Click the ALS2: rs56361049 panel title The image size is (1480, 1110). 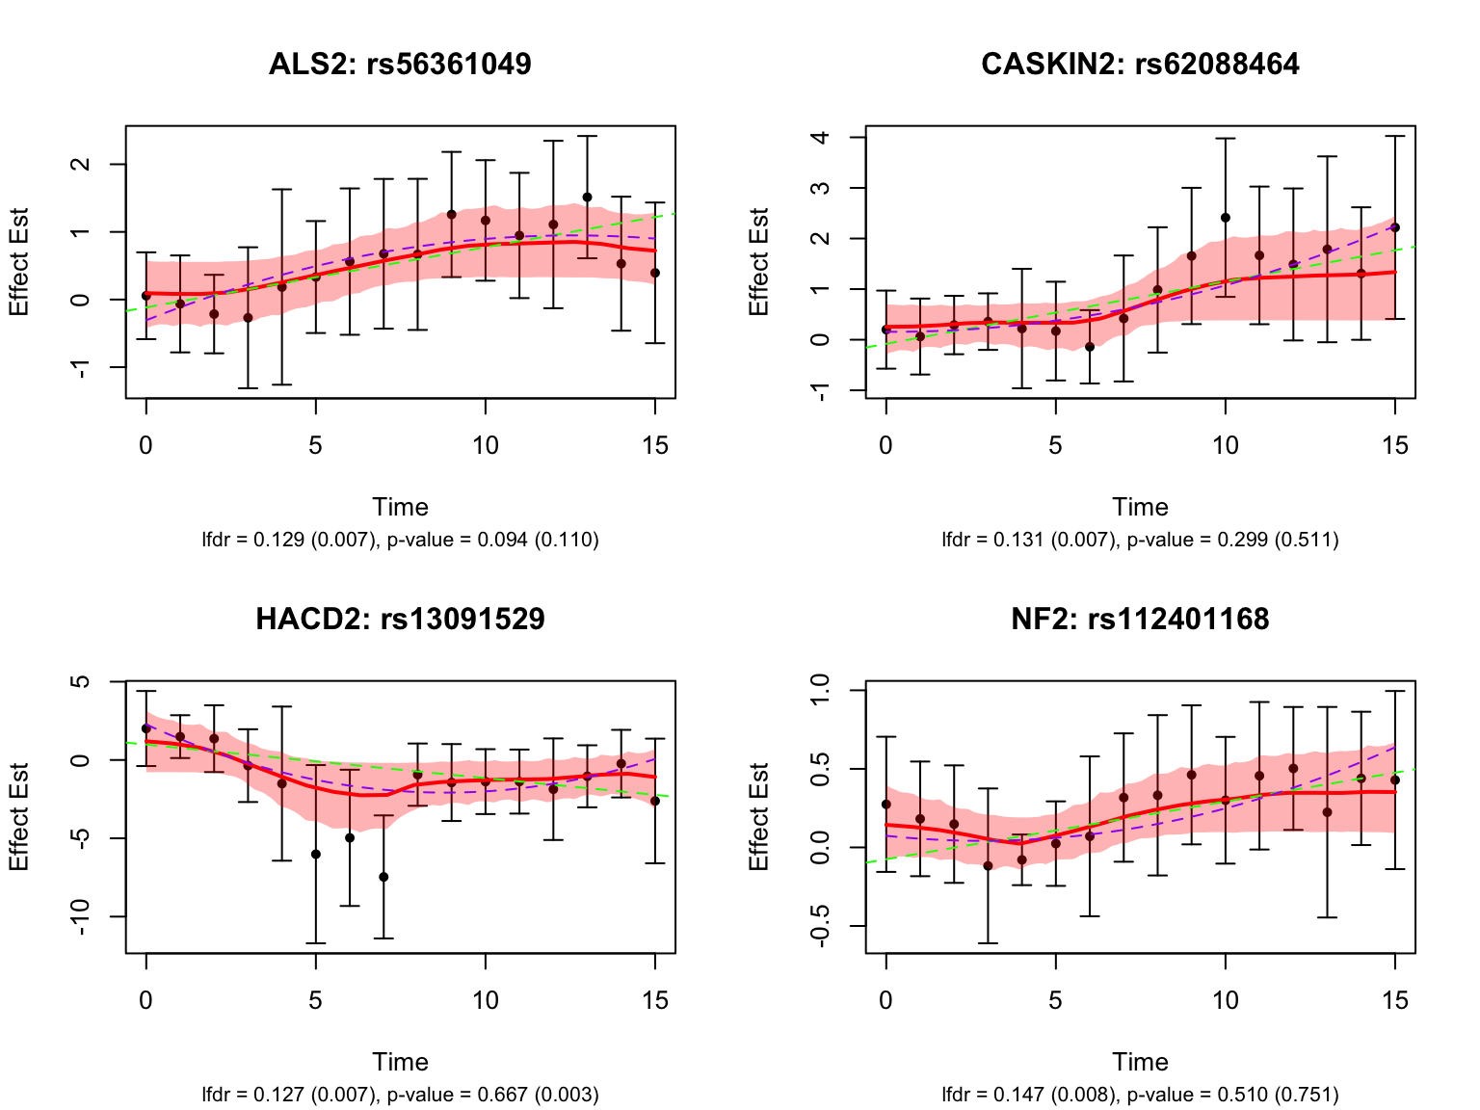click(400, 64)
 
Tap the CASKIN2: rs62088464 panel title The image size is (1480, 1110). click(1140, 64)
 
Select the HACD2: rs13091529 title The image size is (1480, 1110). click(400, 619)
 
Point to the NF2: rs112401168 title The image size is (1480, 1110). click(1140, 619)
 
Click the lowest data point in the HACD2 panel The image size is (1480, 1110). click(383, 877)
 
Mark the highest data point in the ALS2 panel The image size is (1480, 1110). click(587, 198)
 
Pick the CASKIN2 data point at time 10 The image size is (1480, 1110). click(1226, 218)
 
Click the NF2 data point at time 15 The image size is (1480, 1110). click(1394, 780)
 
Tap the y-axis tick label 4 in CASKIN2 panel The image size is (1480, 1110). click(820, 137)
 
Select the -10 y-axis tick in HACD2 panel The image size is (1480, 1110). click(80, 916)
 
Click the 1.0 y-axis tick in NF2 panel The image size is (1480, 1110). click(820, 691)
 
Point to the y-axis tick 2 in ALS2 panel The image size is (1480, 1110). click(80, 164)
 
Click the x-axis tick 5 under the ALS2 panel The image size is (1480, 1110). click(315, 445)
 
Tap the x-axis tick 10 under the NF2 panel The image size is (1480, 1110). click(1226, 1000)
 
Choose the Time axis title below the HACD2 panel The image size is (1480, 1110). click(400, 1062)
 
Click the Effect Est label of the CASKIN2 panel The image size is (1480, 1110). click(759, 261)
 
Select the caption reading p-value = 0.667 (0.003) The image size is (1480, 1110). click(492, 1095)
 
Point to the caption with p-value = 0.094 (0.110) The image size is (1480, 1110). click(492, 540)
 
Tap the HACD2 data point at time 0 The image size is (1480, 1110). click(146, 728)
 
